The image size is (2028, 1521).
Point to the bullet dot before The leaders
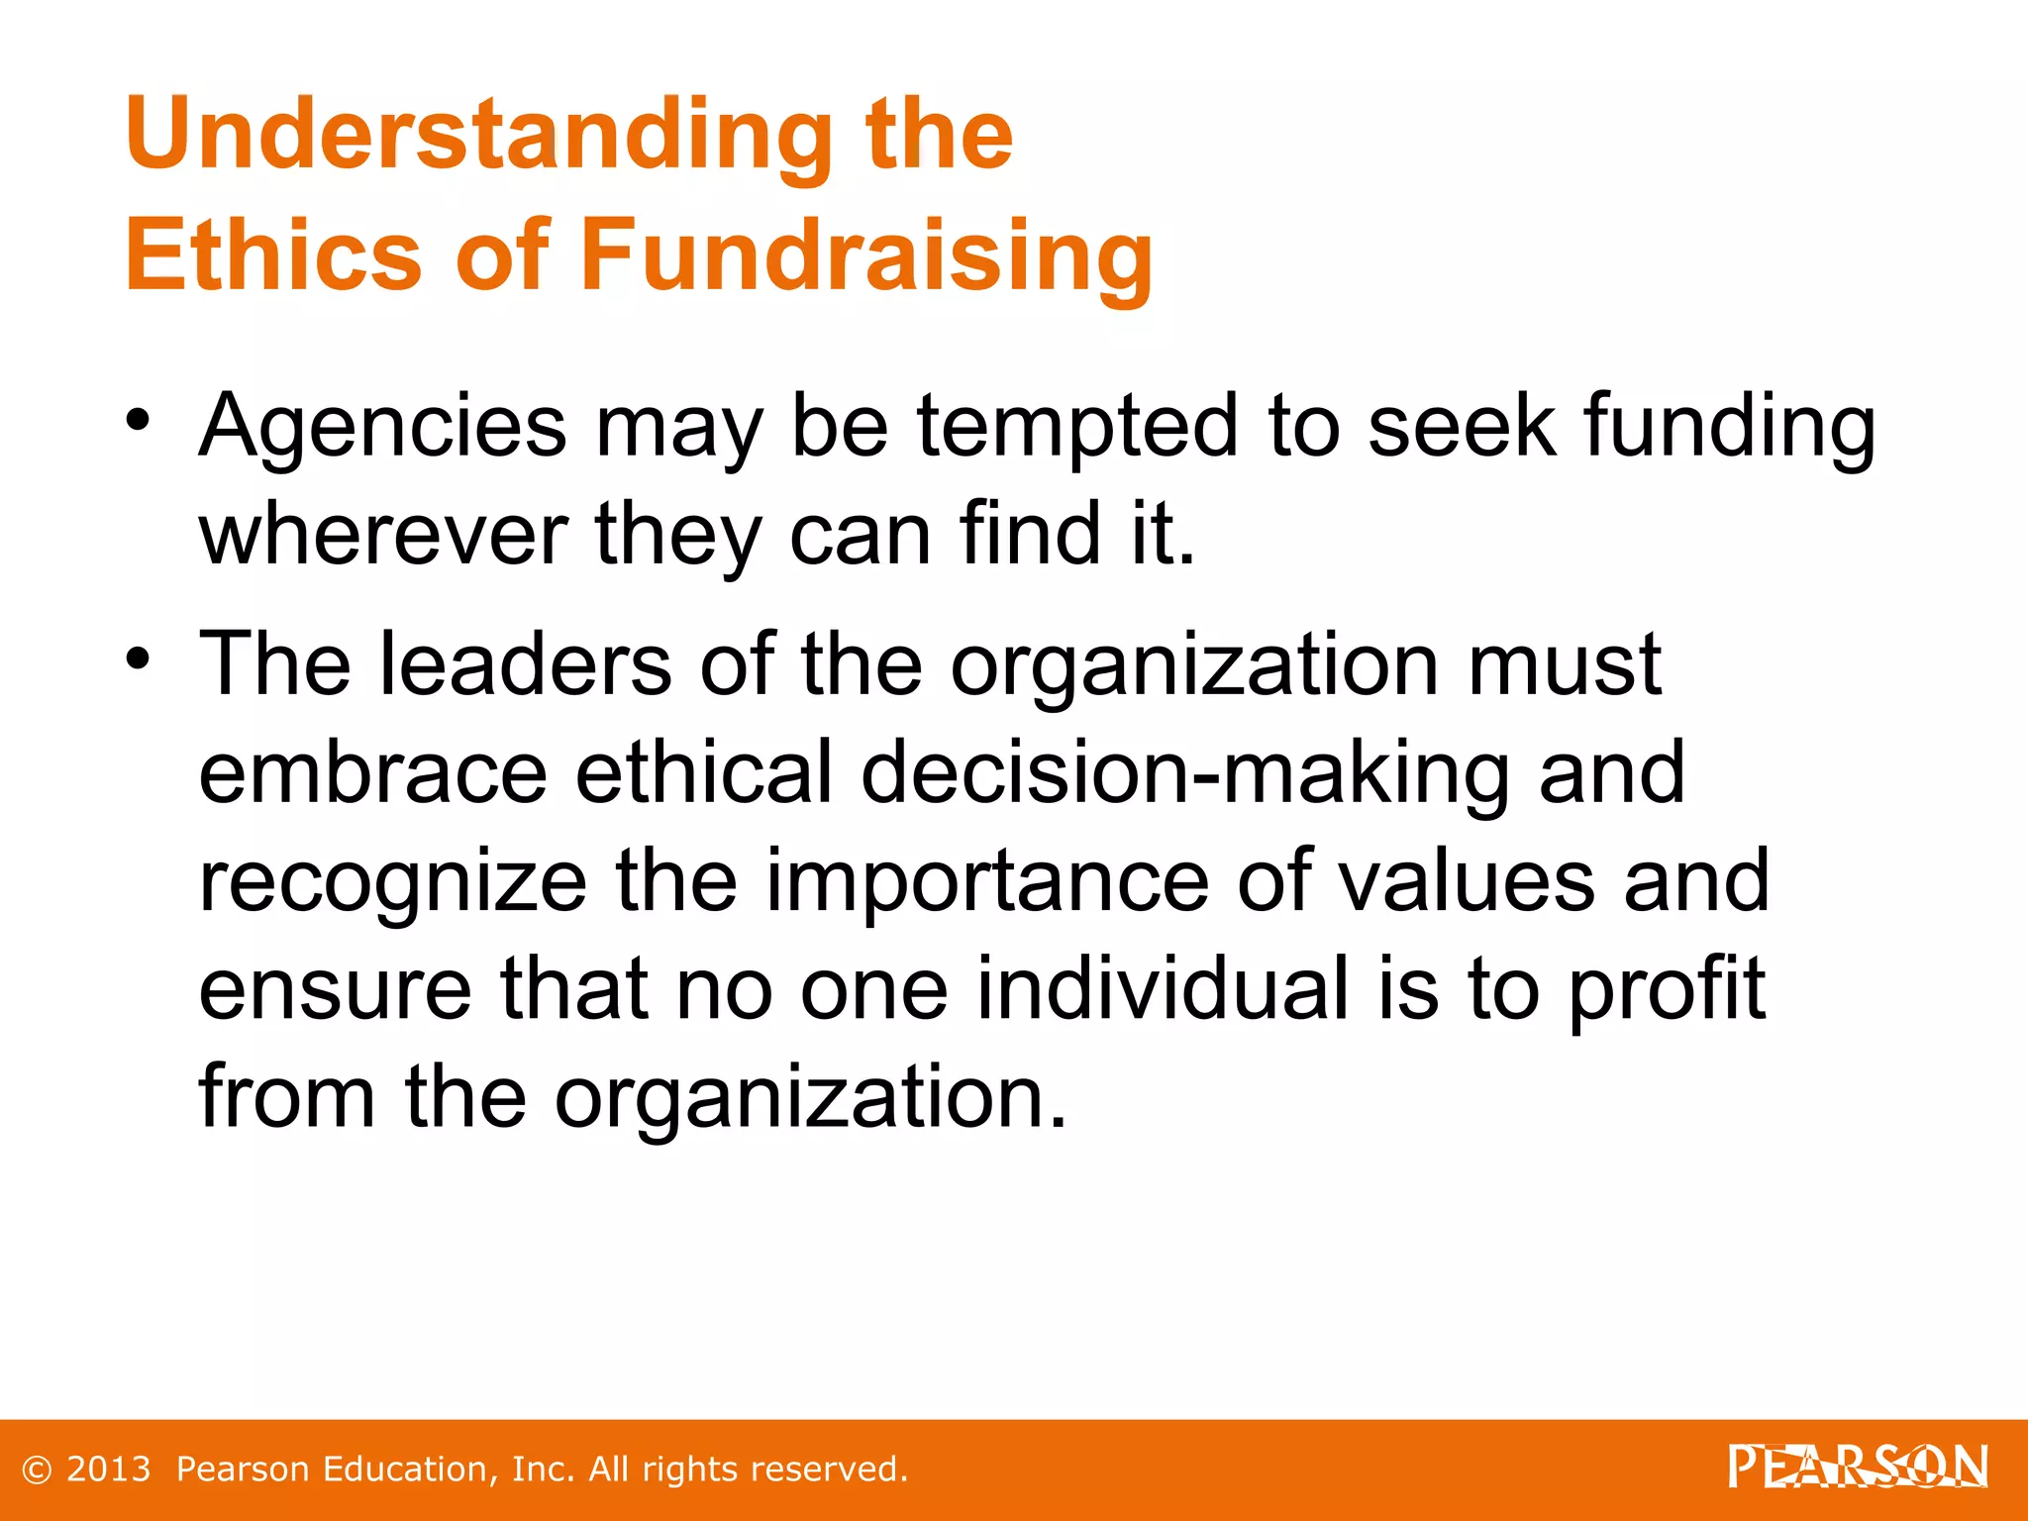(x=139, y=658)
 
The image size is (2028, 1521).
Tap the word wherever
(x=382, y=535)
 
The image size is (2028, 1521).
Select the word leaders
(x=525, y=664)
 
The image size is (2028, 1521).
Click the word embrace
(x=372, y=772)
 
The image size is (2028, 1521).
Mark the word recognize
(x=393, y=881)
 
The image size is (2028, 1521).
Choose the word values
(x=1466, y=881)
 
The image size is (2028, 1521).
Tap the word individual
(x=1163, y=988)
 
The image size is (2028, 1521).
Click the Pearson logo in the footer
(x=1858, y=1467)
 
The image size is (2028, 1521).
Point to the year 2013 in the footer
(x=108, y=1470)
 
